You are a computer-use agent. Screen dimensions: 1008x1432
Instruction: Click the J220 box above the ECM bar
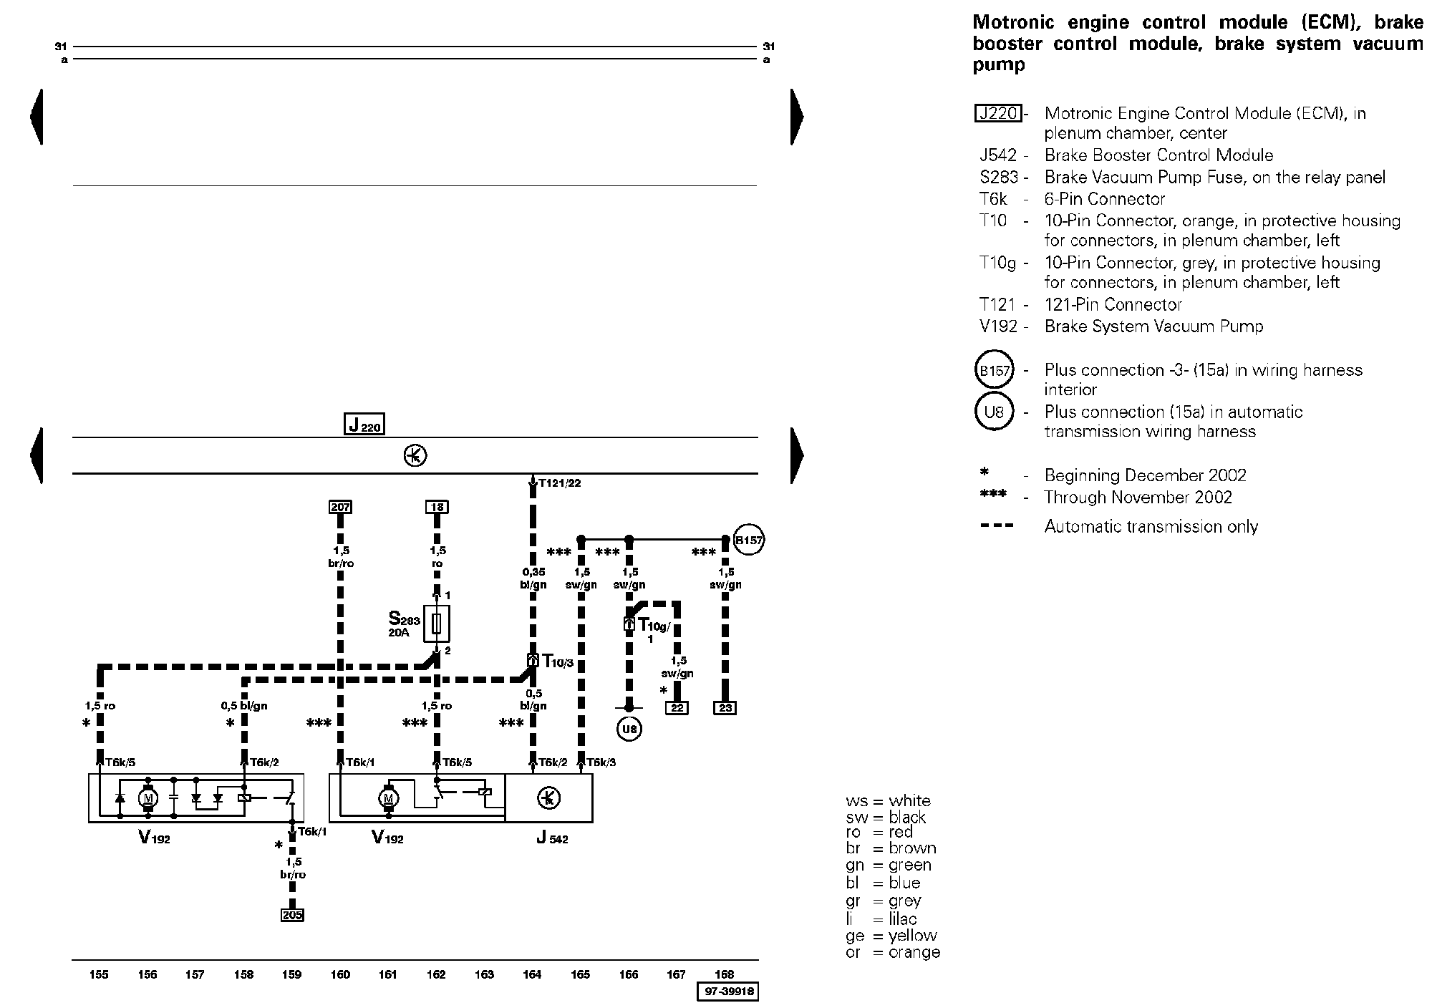pos(364,425)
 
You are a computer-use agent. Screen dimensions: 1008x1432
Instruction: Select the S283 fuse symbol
pos(436,624)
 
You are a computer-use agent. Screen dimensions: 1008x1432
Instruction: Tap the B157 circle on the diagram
pos(749,541)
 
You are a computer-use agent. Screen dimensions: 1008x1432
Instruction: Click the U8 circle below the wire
pos(629,730)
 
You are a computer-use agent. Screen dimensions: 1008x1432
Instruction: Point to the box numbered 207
pos(340,507)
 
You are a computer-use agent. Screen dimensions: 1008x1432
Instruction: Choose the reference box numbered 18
pos(437,507)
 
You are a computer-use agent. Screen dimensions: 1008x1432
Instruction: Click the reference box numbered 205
pos(292,914)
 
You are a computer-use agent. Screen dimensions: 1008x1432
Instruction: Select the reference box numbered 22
pos(677,708)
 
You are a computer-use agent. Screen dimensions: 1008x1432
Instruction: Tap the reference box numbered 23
pos(725,708)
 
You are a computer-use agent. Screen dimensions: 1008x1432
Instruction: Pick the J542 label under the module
pos(551,838)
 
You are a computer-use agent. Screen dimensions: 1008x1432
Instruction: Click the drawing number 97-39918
pos(727,992)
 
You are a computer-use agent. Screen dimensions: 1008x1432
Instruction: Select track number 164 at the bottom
pos(532,974)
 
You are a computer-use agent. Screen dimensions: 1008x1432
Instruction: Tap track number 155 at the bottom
pos(99,974)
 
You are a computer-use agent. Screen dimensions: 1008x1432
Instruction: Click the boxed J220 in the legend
pos(998,113)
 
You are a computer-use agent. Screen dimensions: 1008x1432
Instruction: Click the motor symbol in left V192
pos(148,797)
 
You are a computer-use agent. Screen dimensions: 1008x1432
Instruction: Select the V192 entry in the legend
pos(998,326)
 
